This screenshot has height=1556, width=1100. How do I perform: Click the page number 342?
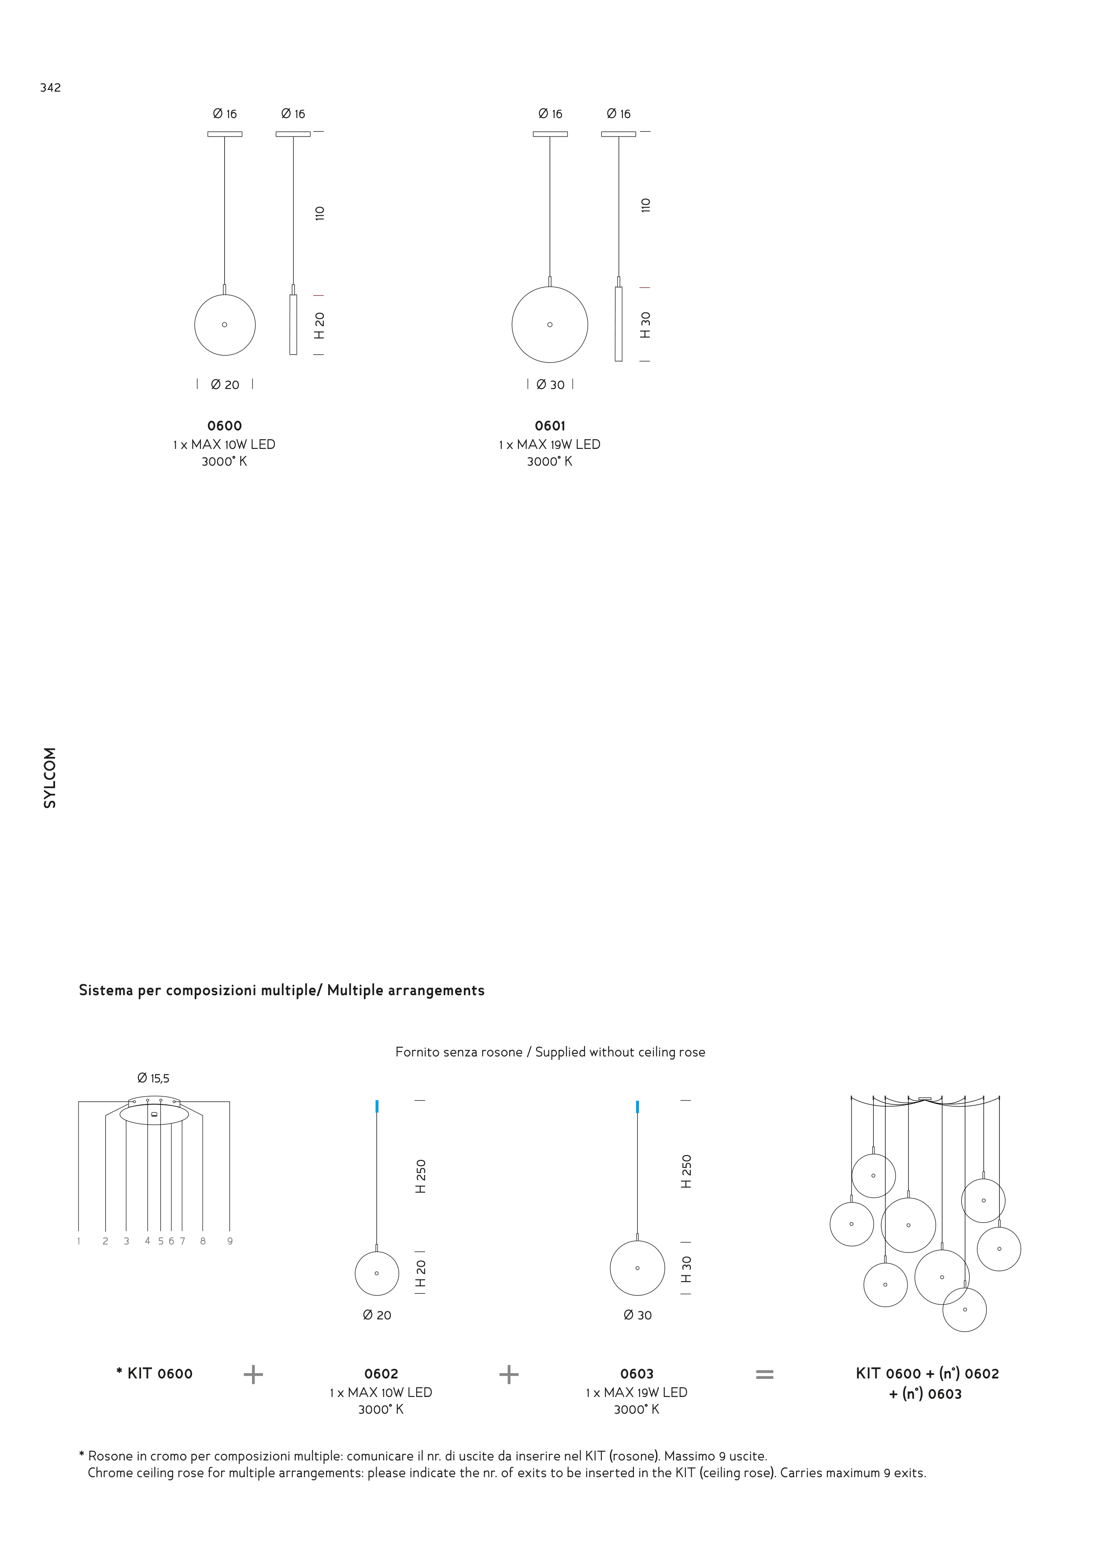point(50,87)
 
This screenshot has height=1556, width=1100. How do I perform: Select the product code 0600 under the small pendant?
point(224,426)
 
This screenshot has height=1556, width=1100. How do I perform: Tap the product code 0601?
point(550,426)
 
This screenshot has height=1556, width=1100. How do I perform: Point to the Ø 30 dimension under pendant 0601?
point(550,384)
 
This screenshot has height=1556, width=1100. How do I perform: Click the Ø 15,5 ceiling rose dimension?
point(153,1078)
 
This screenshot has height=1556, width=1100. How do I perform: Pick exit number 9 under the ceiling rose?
point(230,1241)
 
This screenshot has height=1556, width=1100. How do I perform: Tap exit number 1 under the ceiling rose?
point(78,1241)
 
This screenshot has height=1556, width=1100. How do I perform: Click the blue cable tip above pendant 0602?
point(377,1107)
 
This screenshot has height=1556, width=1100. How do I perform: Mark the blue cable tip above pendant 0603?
point(637,1107)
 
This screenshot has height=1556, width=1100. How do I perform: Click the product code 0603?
point(637,1373)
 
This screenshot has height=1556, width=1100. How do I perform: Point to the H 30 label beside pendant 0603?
point(686,1269)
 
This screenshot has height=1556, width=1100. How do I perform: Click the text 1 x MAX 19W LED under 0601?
point(550,445)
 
